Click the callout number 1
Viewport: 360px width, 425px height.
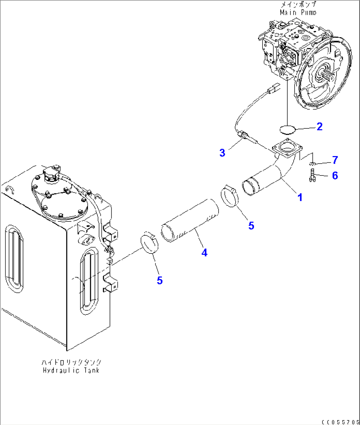pyautogui.click(x=300, y=198)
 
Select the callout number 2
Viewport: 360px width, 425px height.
pyautogui.click(x=319, y=126)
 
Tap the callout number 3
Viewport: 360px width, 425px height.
pyautogui.click(x=222, y=153)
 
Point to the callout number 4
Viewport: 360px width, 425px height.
pyautogui.click(x=204, y=253)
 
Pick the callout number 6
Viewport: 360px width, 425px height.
pyautogui.click(x=335, y=176)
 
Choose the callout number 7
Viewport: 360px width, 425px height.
pyautogui.click(x=335, y=160)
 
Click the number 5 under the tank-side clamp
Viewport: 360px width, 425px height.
pyautogui.click(x=160, y=281)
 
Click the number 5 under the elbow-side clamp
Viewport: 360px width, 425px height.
pyautogui.click(x=251, y=226)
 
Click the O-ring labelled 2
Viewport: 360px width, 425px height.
pyautogui.click(x=287, y=129)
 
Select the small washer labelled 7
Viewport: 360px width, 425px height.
pyautogui.click(x=312, y=164)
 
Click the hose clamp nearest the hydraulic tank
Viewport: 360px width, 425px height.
pyautogui.click(x=150, y=244)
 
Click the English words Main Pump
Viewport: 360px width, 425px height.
pyautogui.click(x=298, y=13)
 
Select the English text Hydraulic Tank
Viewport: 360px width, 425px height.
pyautogui.click(x=71, y=370)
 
